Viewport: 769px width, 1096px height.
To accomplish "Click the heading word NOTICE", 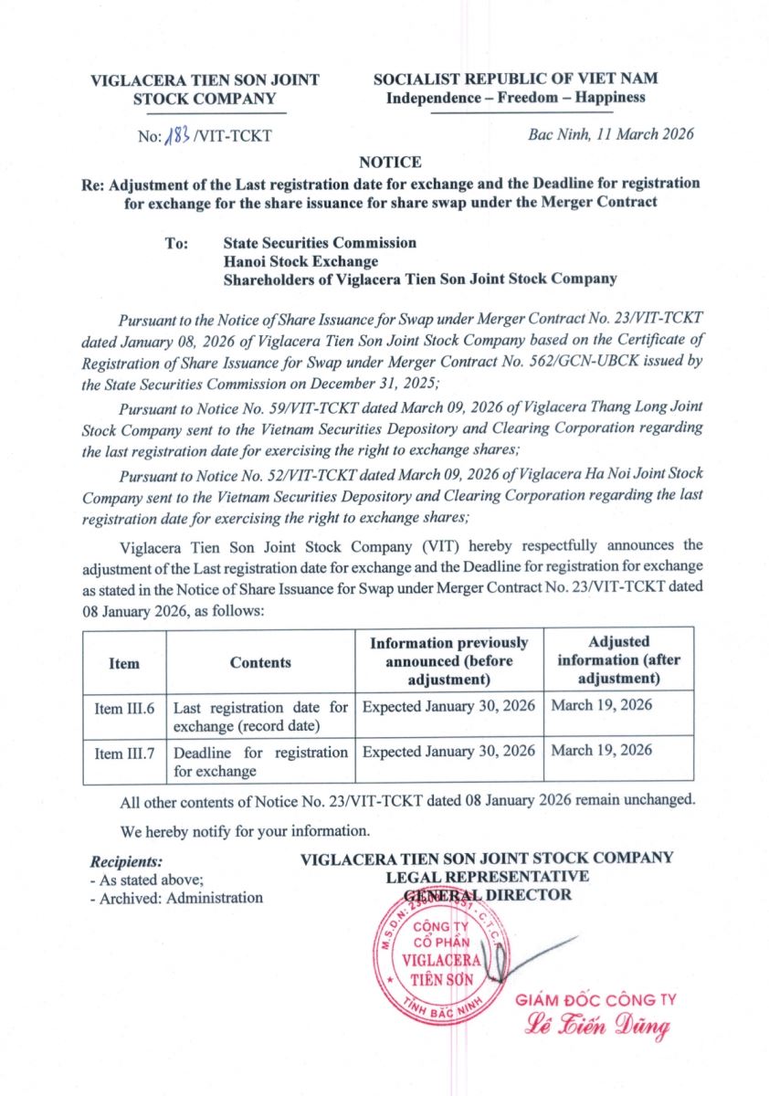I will pyautogui.click(x=390, y=163).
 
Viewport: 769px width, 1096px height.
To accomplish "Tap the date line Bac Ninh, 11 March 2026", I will pyautogui.click(x=611, y=134).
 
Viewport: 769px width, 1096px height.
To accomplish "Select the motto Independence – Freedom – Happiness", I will pyautogui.click(x=515, y=98).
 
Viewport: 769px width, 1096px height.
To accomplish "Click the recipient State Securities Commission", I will pyautogui.click(x=320, y=243).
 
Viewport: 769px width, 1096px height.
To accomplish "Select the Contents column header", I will pyautogui.click(x=260, y=663).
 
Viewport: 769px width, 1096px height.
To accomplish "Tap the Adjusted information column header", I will pyautogui.click(x=618, y=659).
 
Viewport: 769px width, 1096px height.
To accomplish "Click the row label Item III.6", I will pyautogui.click(x=123, y=708).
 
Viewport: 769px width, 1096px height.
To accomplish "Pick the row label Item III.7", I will pyautogui.click(x=123, y=753).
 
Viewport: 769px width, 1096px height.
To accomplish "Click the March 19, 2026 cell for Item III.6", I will pyautogui.click(x=601, y=706).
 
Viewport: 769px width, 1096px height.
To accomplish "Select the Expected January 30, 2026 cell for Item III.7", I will pyautogui.click(x=448, y=752).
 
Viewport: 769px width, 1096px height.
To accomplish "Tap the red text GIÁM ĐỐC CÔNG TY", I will pyautogui.click(x=595, y=999).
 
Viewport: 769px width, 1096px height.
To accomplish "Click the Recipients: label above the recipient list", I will pyautogui.click(x=126, y=861).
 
